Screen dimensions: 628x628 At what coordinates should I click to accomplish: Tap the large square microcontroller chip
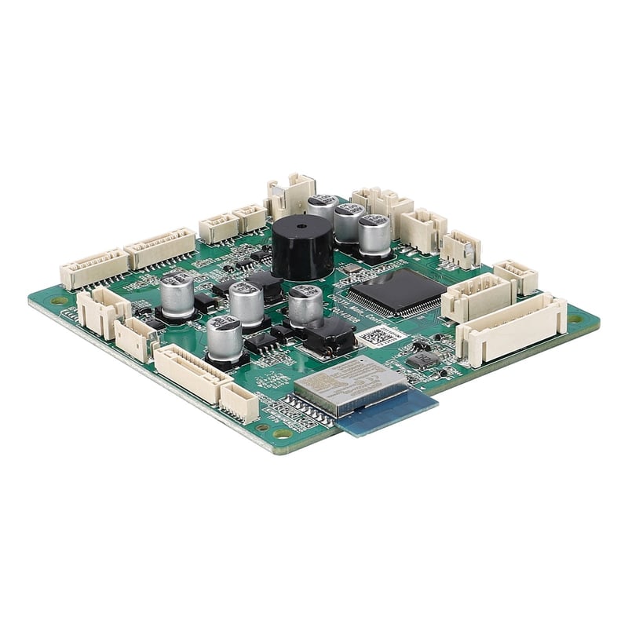(396, 292)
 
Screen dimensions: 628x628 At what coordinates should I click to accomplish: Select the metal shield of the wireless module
(349, 385)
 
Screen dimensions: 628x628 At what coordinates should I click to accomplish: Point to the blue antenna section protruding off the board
(389, 411)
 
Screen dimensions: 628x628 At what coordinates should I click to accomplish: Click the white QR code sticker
(382, 336)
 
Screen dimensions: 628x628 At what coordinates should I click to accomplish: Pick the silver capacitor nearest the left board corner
(177, 294)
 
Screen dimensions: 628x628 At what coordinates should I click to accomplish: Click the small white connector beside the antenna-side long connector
(239, 401)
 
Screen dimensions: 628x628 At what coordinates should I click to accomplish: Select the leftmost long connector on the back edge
(93, 269)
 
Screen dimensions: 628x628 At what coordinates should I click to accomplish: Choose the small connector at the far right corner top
(516, 276)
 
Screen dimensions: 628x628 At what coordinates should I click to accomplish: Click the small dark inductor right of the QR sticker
(422, 360)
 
